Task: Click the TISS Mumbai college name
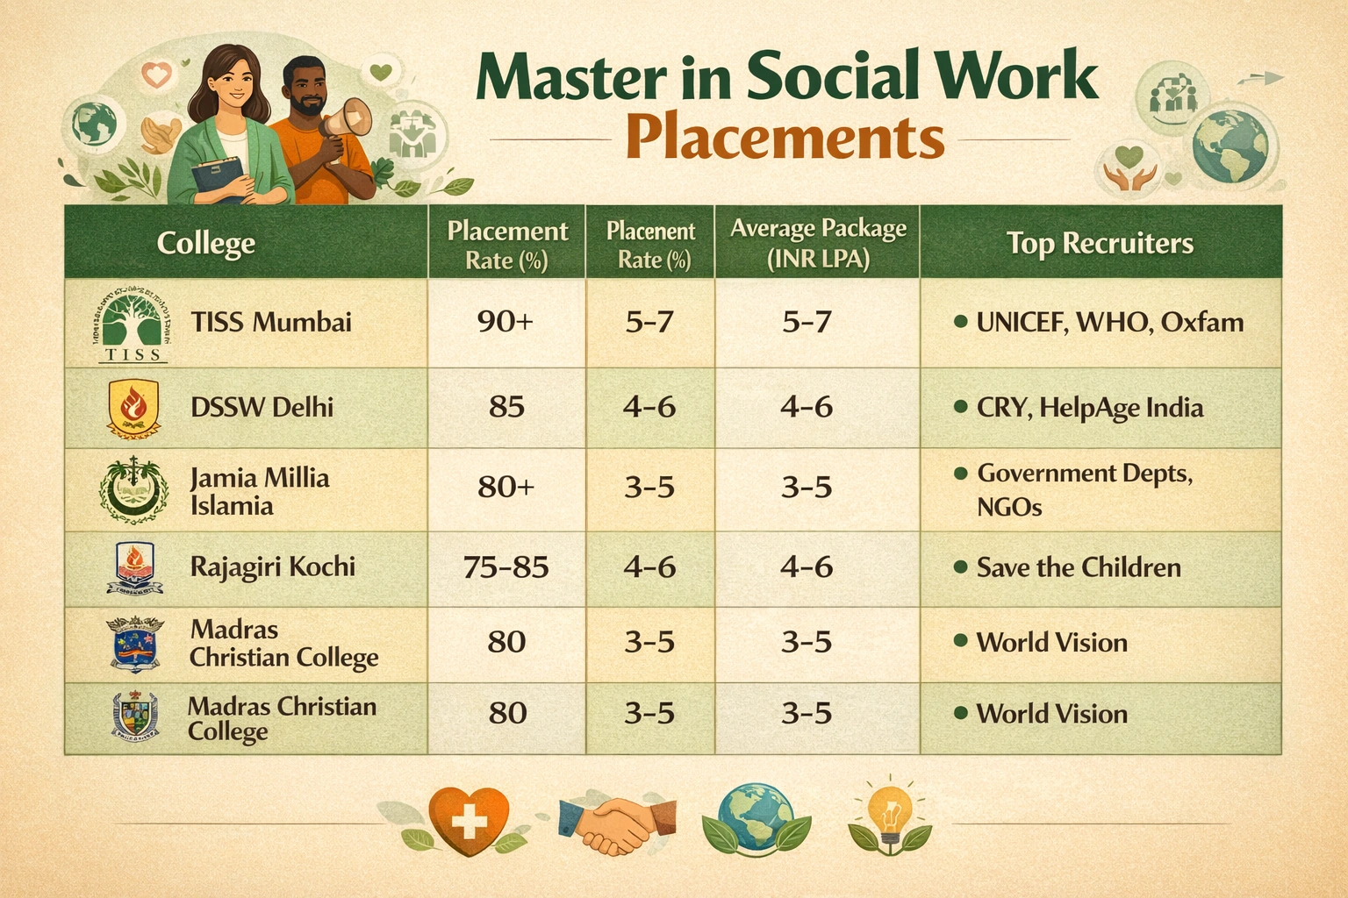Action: pyautogui.click(x=271, y=323)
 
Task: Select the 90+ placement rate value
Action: pyautogui.click(x=505, y=322)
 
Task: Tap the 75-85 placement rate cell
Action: pyautogui.click(x=505, y=567)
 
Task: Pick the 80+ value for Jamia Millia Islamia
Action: pyautogui.click(x=505, y=487)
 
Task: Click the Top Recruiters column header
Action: pyautogui.click(x=1100, y=243)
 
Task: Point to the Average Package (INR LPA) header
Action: pyautogui.click(x=818, y=244)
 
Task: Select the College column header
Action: pyautogui.click(x=206, y=243)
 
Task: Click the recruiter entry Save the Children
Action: pyautogui.click(x=1079, y=567)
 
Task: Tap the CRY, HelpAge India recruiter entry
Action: pyautogui.click(x=1089, y=408)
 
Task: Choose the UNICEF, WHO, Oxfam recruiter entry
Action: pyautogui.click(x=1109, y=323)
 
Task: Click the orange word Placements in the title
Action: pyautogui.click(x=785, y=139)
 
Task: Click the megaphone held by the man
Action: pyautogui.click(x=348, y=119)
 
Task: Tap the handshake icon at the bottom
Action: pyautogui.click(x=617, y=824)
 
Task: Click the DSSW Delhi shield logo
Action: pyautogui.click(x=133, y=408)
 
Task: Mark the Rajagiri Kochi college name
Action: pyautogui.click(x=273, y=567)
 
